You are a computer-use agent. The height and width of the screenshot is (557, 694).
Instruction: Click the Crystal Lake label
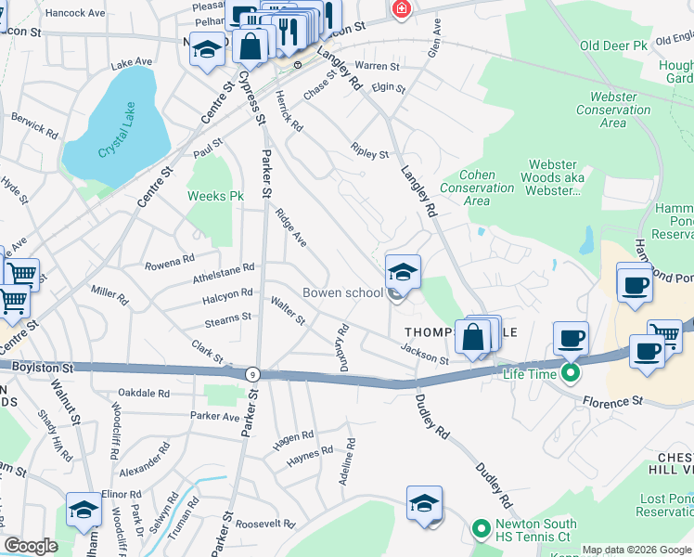pos(116,140)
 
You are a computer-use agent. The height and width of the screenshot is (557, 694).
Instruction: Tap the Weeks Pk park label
pos(215,196)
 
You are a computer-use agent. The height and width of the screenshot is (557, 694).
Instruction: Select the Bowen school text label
pos(342,293)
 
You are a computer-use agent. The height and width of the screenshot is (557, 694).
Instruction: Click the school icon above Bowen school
pos(403,271)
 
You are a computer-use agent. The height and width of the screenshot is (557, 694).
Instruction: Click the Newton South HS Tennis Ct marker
pos(481,530)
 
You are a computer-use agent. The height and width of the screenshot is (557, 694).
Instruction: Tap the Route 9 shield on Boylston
pos(252,373)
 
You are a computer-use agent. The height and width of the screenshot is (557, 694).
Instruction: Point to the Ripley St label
pos(370,150)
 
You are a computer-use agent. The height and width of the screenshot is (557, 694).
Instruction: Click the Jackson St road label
pos(424,353)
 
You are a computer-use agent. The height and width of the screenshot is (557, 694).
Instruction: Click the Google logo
pos(32,546)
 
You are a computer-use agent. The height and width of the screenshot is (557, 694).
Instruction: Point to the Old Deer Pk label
pos(612,45)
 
